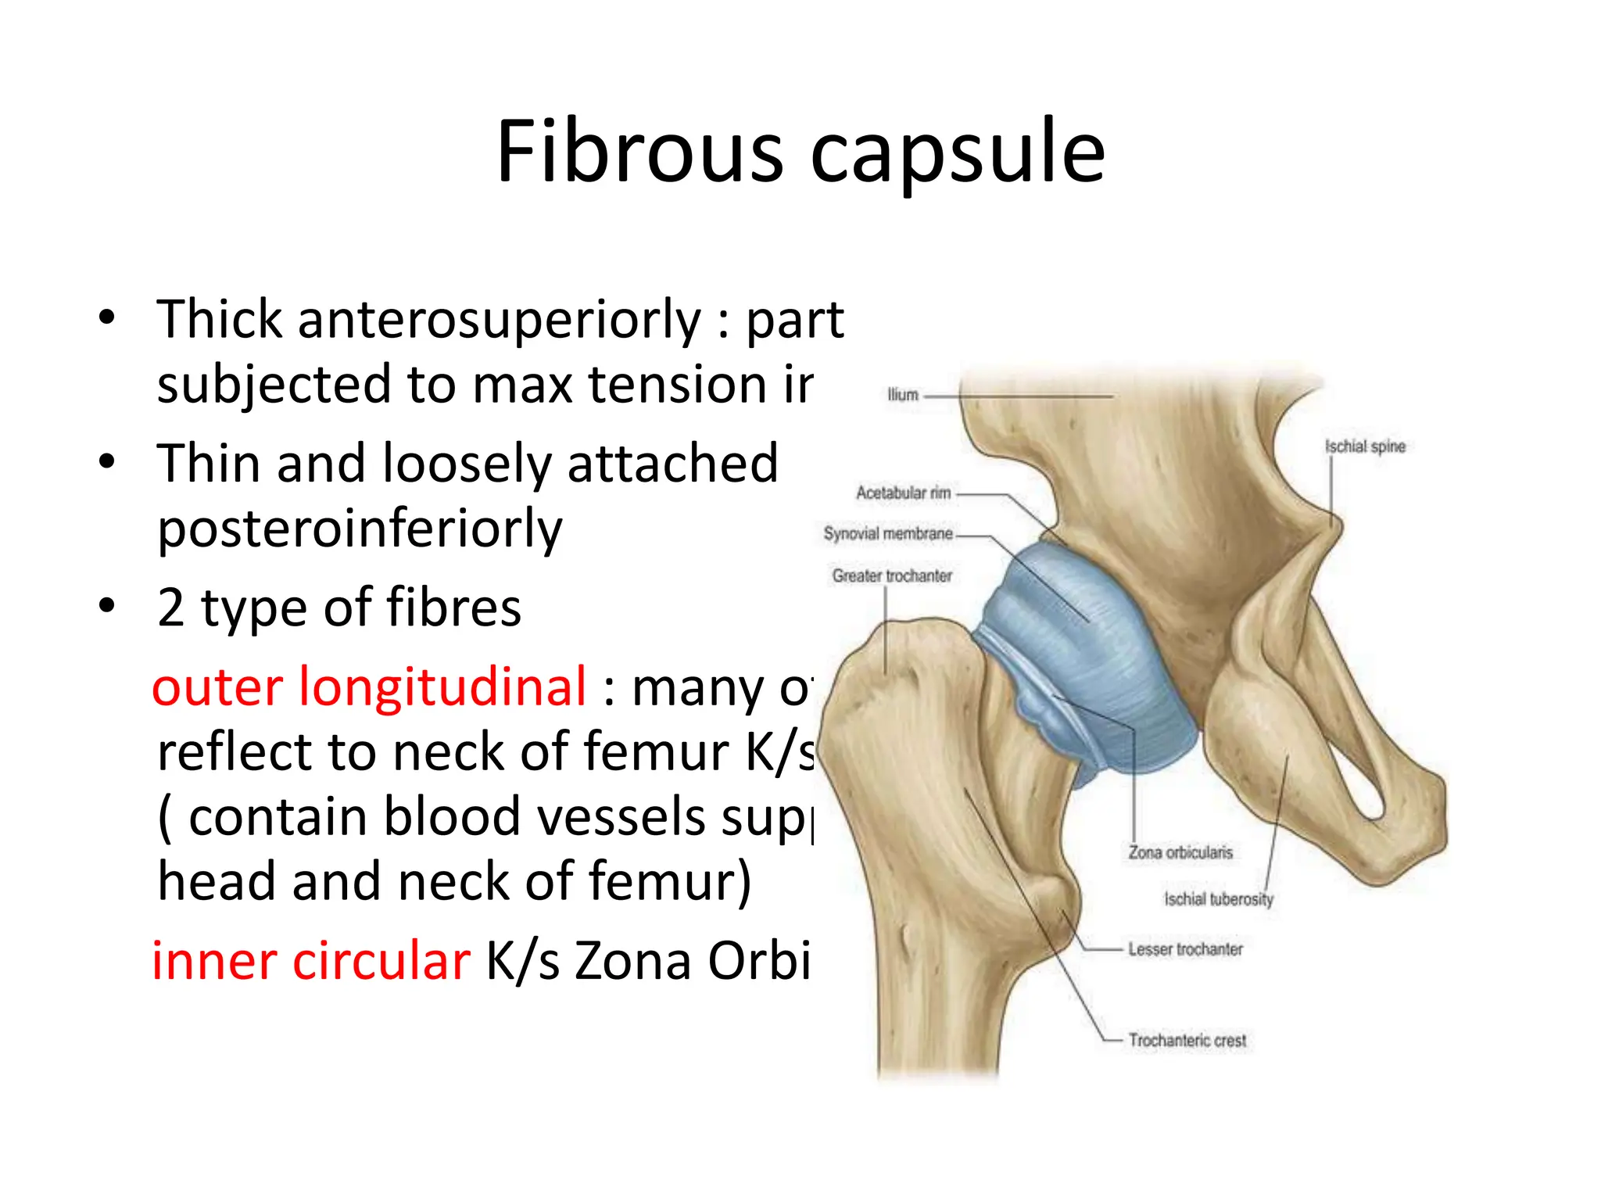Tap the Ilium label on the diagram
pos(902,395)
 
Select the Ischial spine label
pos(1365,446)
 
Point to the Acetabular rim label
pos(903,493)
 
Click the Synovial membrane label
pos(888,533)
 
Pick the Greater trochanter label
pos(892,575)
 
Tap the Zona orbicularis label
pos(1180,852)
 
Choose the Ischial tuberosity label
pos(1219,899)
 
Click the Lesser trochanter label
pos(1185,949)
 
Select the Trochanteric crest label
pos(1187,1040)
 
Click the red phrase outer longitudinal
pos(369,687)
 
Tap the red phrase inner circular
pos(311,960)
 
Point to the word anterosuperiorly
pos(500,319)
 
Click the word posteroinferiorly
pos(360,529)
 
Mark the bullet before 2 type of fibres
pos(107,605)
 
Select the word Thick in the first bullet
pos(220,319)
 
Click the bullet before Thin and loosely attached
pos(107,461)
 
